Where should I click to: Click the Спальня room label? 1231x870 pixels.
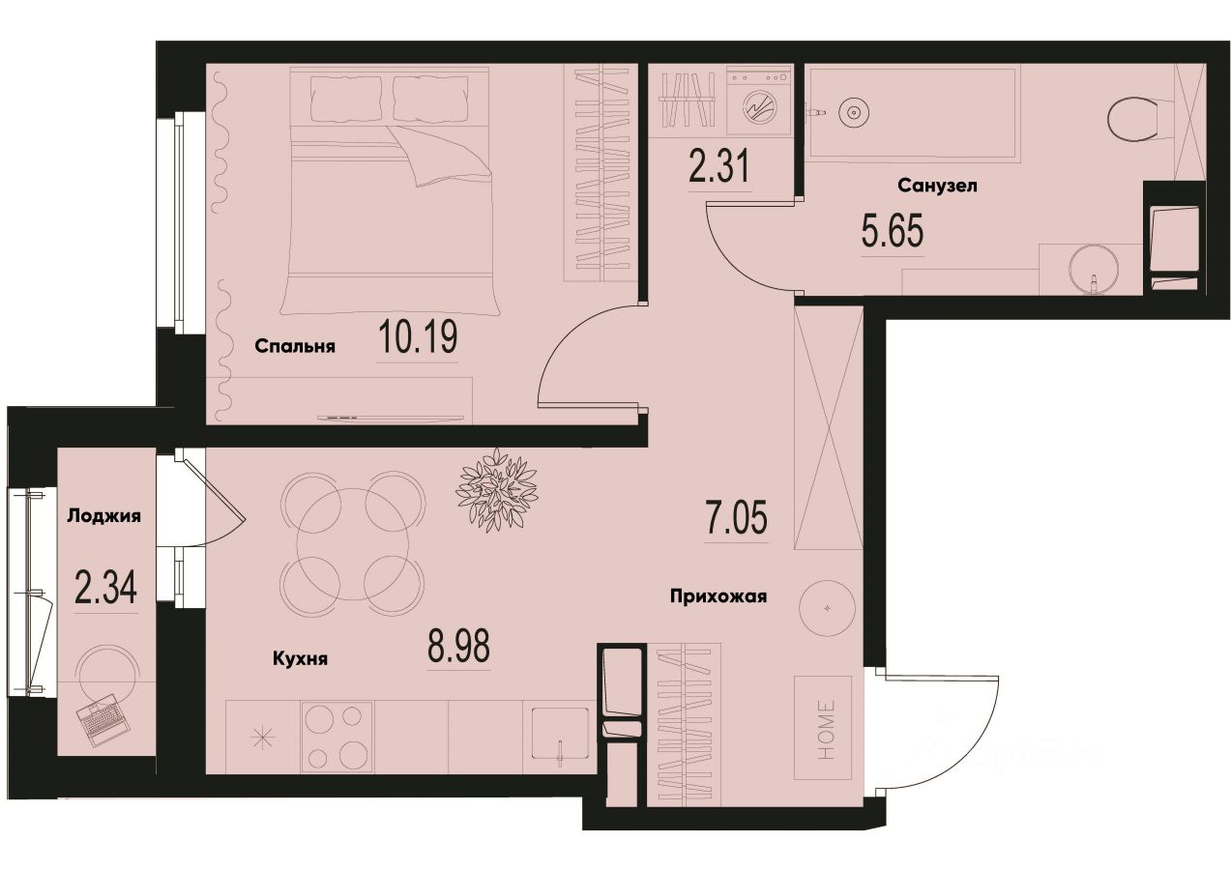click(x=295, y=346)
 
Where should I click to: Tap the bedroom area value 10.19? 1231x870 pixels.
click(x=418, y=338)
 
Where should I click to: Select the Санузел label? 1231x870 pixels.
click(x=937, y=185)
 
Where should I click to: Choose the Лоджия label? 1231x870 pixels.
click(x=104, y=515)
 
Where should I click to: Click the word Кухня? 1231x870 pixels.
click(x=300, y=659)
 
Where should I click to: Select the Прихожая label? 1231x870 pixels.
click(x=718, y=596)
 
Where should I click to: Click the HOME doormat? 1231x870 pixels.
click(x=823, y=727)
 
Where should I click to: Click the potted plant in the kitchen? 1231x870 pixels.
click(x=497, y=489)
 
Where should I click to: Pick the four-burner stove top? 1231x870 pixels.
click(x=337, y=737)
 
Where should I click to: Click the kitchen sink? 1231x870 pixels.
click(x=558, y=737)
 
